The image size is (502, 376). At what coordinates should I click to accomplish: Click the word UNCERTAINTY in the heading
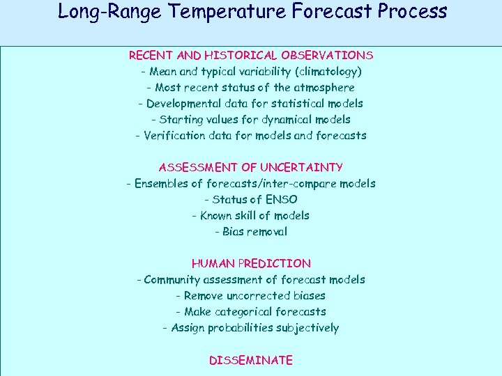pos(301,167)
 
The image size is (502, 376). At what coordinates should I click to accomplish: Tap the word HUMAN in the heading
pos(213,264)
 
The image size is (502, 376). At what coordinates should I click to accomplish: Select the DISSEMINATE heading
pos(251,360)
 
